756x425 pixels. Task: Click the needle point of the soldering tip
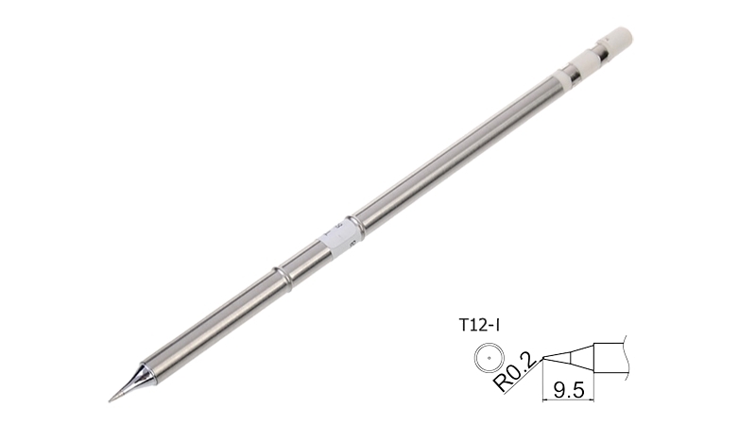point(110,399)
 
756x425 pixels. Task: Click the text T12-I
point(478,326)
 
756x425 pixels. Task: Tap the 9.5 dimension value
point(569,389)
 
